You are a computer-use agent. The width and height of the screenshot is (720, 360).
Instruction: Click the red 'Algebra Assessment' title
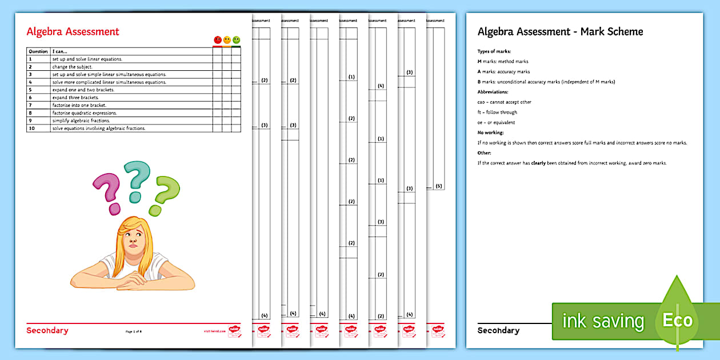pyautogui.click(x=73, y=32)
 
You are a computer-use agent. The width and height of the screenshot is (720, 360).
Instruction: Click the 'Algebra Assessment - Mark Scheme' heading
pyautogui.click(x=560, y=32)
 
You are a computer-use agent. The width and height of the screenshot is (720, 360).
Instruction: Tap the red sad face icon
pyautogui.click(x=218, y=40)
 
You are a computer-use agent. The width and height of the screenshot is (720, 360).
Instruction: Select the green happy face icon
pyautogui.click(x=236, y=40)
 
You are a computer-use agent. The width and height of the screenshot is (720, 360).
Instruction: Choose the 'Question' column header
pyautogui.click(x=38, y=51)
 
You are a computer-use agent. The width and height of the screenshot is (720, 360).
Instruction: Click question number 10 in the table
pyautogui.click(x=31, y=129)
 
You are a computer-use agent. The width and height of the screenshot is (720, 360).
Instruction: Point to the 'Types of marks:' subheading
pyautogui.click(x=494, y=51)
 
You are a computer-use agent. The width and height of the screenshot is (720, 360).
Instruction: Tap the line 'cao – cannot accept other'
pyautogui.click(x=504, y=102)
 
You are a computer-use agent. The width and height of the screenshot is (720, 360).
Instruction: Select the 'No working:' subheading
pyautogui.click(x=490, y=133)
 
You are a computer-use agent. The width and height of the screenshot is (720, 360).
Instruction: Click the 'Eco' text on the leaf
pyautogui.click(x=677, y=320)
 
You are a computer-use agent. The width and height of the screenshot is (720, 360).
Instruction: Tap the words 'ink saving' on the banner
pyautogui.click(x=603, y=321)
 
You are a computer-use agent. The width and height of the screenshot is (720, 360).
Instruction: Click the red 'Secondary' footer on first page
pyautogui.click(x=47, y=330)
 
